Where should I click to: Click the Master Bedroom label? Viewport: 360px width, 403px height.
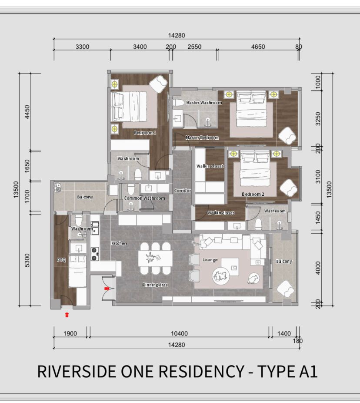click(202, 138)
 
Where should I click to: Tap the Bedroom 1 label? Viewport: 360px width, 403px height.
click(145, 133)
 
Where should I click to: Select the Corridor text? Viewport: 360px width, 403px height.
click(182, 191)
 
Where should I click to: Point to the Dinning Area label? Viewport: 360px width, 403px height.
click(155, 285)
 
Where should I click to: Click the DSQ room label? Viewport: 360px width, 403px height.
click(61, 260)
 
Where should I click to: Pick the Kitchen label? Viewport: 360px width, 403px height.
click(119, 243)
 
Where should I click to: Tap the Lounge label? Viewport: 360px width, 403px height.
click(210, 260)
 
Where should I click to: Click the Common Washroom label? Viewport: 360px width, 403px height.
click(144, 198)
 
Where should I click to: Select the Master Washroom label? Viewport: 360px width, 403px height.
click(204, 103)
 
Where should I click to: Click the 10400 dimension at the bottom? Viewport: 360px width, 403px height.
click(179, 333)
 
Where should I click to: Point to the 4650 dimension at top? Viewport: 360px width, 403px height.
click(258, 47)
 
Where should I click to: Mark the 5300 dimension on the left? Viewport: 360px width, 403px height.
click(27, 260)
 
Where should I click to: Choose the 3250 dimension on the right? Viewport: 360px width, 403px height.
click(318, 119)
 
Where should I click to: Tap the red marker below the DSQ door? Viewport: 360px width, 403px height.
click(67, 315)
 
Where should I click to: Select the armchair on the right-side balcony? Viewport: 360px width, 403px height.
click(285, 289)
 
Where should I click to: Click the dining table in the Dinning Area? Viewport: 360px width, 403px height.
click(155, 259)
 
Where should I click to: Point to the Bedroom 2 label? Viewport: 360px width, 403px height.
click(253, 194)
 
